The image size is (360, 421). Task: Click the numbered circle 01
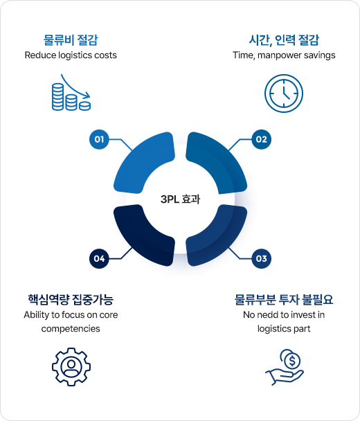tap(99, 139)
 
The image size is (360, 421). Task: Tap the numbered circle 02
tap(261, 139)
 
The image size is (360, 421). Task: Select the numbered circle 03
tap(261, 258)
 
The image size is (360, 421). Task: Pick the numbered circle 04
tap(99, 258)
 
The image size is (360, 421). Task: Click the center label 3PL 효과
tap(180, 199)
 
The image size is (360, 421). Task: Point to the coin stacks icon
tap(71, 92)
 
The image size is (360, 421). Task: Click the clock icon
tap(284, 93)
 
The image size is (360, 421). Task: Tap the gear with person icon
tap(71, 367)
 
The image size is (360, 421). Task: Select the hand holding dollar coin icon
tap(285, 367)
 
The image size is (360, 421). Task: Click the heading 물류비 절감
tap(71, 40)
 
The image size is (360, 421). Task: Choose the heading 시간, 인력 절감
tap(284, 40)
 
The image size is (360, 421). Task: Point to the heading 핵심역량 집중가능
tap(71, 299)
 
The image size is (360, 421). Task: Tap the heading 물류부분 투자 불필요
tap(284, 299)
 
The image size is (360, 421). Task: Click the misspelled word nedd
tap(268, 314)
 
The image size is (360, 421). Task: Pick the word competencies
tap(71, 329)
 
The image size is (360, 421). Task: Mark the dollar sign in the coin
tap(292, 361)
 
